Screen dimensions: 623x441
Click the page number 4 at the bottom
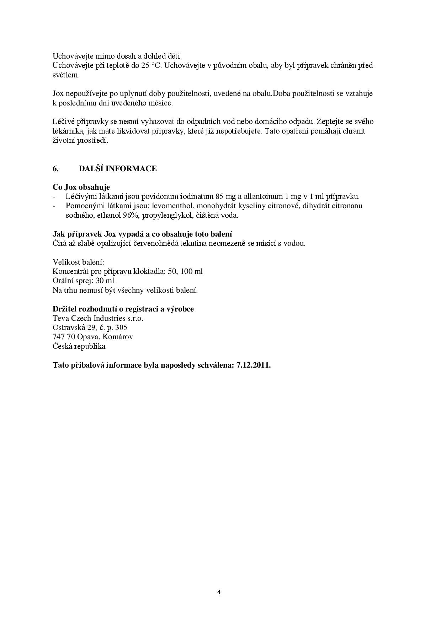click(x=219, y=592)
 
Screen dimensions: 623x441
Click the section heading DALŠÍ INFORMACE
click(x=118, y=169)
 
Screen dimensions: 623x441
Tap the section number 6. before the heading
click(x=55, y=169)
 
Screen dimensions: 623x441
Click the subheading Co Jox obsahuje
click(x=81, y=187)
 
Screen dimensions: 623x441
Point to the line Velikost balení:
click(x=78, y=262)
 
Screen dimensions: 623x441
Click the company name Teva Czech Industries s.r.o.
click(x=98, y=318)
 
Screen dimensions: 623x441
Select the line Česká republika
click(x=79, y=346)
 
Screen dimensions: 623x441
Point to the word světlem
click(x=65, y=75)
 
